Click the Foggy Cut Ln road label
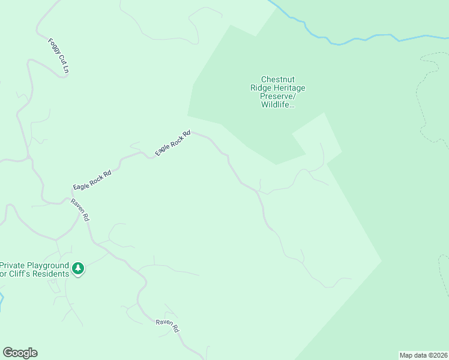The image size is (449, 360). (59, 57)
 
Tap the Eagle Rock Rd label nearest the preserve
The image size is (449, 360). (173, 143)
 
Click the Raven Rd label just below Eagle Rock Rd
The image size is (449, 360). (80, 210)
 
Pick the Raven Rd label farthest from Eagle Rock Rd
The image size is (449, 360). (167, 325)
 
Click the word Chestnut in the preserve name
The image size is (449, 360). (277, 79)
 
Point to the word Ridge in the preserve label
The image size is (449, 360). (261, 88)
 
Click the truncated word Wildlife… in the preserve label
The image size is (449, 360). (277, 104)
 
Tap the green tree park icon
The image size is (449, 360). (77, 269)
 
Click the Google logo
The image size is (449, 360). (20, 353)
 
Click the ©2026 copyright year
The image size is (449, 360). (438, 355)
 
